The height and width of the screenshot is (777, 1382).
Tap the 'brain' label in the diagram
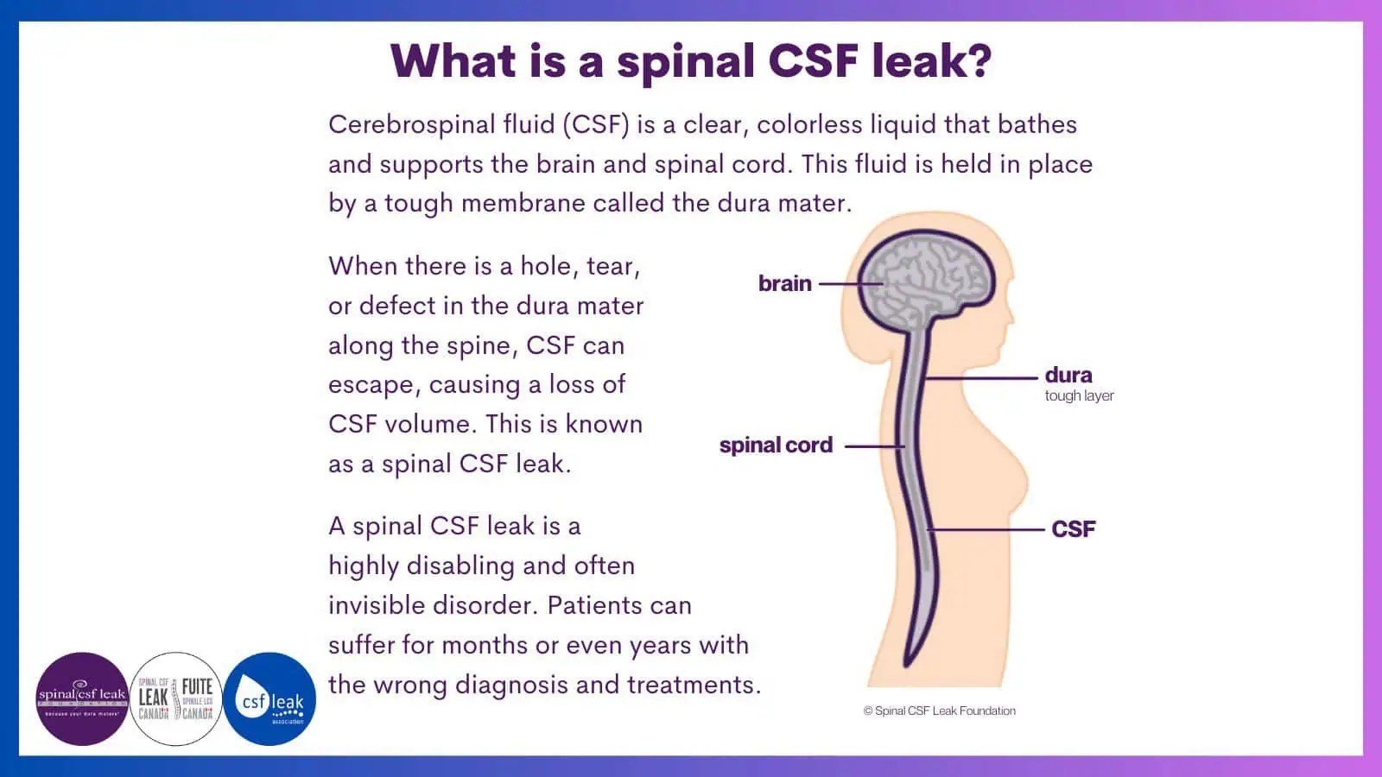click(784, 283)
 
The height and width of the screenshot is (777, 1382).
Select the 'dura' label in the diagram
click(1068, 375)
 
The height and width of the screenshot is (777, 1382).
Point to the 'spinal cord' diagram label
click(776, 445)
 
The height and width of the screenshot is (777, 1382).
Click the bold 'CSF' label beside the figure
click(1074, 528)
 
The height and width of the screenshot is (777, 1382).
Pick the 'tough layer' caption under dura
click(1079, 396)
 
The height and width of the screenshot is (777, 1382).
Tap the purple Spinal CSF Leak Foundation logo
click(82, 698)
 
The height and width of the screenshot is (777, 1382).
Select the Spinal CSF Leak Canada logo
click(176, 698)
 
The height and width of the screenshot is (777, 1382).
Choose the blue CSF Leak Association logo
click(269, 698)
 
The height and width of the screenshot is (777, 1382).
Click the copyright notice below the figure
click(940, 711)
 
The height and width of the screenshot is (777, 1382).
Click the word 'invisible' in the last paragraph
click(377, 605)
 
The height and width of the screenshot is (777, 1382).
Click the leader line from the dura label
click(980, 377)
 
